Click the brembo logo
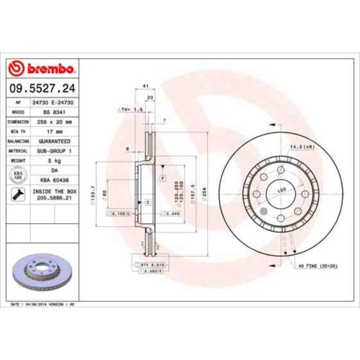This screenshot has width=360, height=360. (43, 69)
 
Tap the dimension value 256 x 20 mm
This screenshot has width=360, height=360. (54, 121)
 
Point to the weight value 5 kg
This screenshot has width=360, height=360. (54, 160)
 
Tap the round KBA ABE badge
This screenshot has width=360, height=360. (18, 175)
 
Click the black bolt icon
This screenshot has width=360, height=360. (18, 194)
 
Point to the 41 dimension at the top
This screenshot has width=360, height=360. (145, 86)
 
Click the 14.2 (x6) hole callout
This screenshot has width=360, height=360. (302, 147)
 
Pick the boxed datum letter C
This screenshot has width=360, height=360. (148, 203)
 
